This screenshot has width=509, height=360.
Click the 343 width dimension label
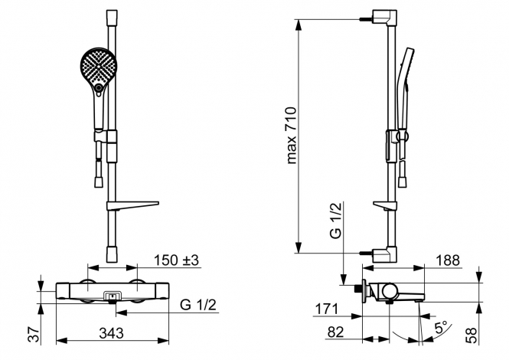111,333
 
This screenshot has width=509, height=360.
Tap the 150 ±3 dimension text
176,260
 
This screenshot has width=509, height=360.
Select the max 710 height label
292,135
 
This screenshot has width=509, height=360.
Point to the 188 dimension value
448,260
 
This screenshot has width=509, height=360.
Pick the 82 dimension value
336,332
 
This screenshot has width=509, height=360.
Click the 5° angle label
441,328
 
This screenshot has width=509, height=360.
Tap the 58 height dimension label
471,335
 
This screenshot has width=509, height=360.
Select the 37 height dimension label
35,334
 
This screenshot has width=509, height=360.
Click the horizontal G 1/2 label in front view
198,305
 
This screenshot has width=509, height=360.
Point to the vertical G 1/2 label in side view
336,221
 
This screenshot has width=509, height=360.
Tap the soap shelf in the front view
132,206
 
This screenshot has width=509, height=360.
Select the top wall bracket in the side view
385,18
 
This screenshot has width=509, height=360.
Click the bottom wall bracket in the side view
385,254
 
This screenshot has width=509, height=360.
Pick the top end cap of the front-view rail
112,16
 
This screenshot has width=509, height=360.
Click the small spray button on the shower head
98,87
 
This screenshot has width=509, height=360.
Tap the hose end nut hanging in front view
99,182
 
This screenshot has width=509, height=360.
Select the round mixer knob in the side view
390,291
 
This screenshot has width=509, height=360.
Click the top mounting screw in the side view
366,19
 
